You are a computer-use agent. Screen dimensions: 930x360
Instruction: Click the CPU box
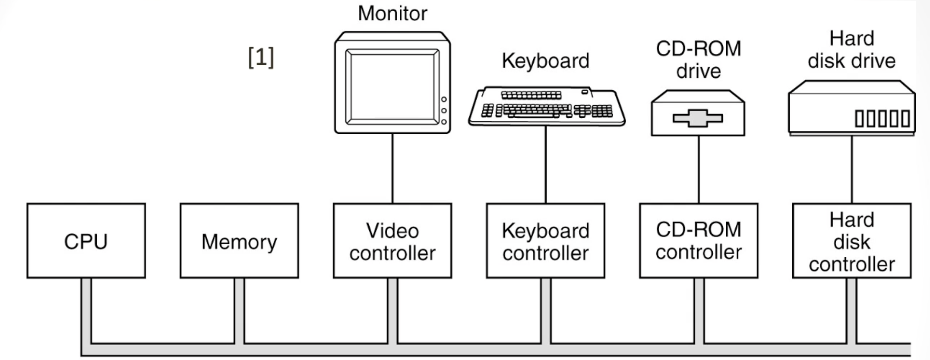coord(86,241)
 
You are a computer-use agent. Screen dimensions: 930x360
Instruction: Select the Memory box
coord(239,241)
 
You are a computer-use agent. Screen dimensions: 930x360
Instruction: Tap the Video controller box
coord(392,241)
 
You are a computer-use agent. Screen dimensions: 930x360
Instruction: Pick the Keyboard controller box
coord(545,241)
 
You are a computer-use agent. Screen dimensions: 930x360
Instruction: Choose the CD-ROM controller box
coord(699,241)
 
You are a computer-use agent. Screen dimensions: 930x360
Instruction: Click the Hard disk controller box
coord(852,241)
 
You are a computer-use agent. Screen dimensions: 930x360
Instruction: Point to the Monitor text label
coord(392,13)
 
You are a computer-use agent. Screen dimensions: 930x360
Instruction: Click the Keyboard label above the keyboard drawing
coord(545,61)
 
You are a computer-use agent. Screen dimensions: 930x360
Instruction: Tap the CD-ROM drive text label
coord(699,60)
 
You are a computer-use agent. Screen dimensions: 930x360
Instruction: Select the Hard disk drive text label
coord(852,50)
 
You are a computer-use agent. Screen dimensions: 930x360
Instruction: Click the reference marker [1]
coord(261,57)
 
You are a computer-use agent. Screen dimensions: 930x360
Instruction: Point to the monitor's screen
coord(392,87)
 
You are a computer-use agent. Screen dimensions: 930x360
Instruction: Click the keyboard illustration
coord(547,106)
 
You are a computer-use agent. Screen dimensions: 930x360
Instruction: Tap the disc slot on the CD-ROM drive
coord(698,118)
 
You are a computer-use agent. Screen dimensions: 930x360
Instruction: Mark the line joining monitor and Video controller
coord(392,168)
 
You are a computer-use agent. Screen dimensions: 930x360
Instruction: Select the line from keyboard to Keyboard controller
coord(545,164)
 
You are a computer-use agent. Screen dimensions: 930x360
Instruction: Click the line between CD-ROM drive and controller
coord(699,170)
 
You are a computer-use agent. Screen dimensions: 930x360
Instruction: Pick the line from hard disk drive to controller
coord(852,170)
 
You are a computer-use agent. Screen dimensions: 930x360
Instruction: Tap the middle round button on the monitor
coord(444,111)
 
